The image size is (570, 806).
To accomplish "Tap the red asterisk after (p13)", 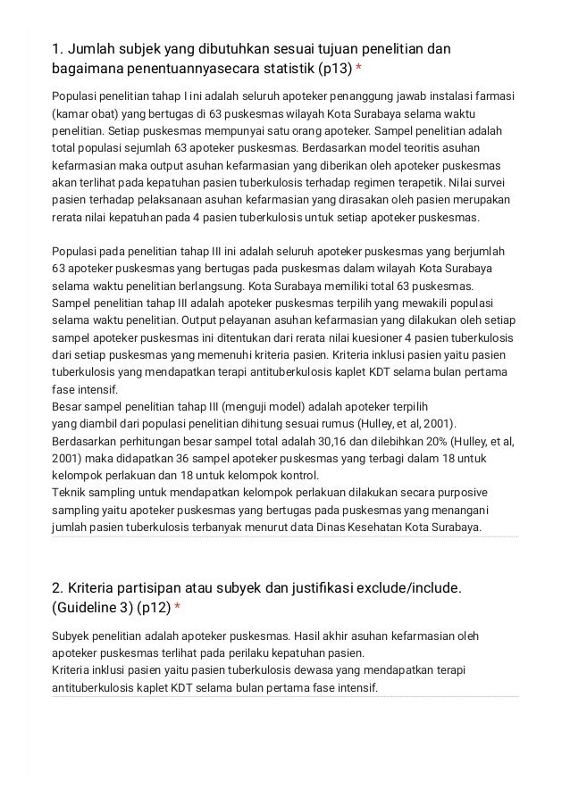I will tap(358, 69).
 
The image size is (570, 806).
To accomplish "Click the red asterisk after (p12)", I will tap(177, 608).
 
